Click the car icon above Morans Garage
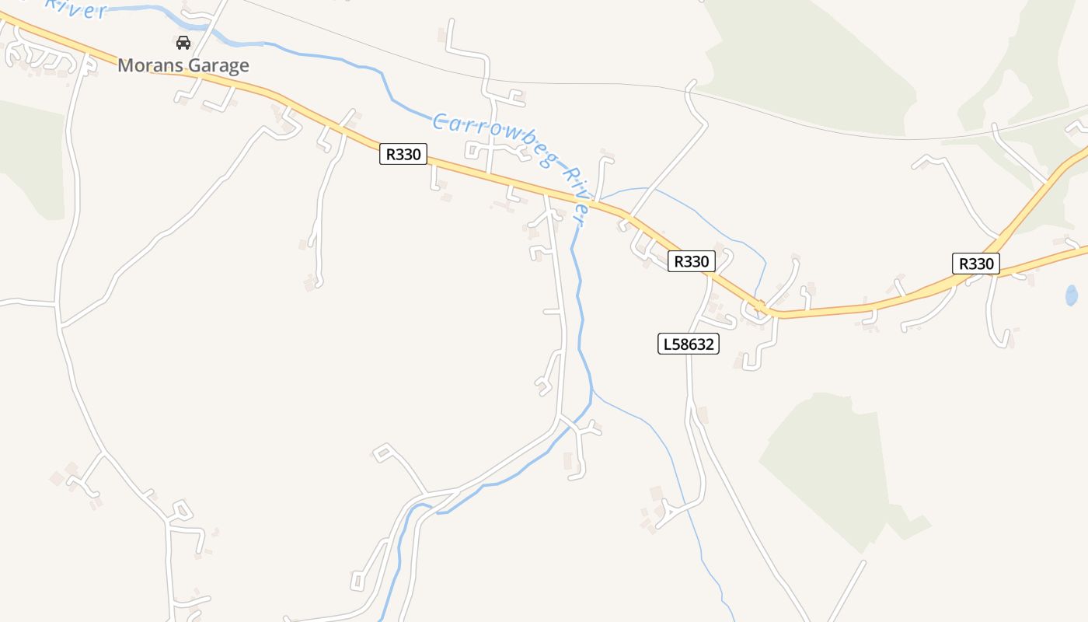(x=183, y=43)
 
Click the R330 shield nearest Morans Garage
(x=404, y=154)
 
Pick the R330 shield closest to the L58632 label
(x=691, y=261)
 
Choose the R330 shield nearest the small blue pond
(x=976, y=264)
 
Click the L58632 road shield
(x=689, y=344)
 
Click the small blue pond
(x=1071, y=295)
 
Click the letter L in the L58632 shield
(x=667, y=344)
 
